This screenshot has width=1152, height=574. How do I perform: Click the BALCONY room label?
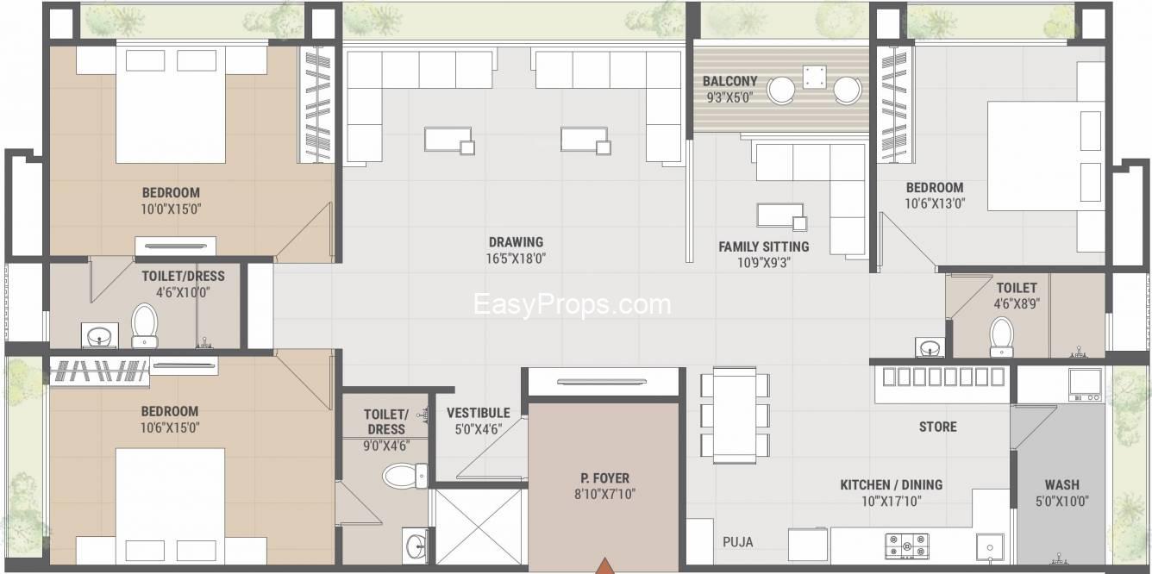(x=729, y=81)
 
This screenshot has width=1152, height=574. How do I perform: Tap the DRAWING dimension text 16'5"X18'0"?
(x=516, y=259)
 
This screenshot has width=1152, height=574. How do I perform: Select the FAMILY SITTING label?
(x=764, y=247)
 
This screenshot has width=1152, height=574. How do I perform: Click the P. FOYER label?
(x=604, y=478)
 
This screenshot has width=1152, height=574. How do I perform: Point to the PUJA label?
(x=738, y=542)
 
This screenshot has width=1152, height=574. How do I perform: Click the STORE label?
(x=938, y=427)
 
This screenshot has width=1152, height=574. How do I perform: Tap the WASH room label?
(x=1062, y=485)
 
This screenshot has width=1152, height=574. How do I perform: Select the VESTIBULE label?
(x=479, y=413)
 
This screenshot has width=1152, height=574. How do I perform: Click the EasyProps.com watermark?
(x=572, y=305)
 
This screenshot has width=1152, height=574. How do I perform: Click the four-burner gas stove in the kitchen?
(x=907, y=546)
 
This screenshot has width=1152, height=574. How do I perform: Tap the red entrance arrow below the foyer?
(x=605, y=565)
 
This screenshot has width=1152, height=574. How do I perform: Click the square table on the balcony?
(x=815, y=77)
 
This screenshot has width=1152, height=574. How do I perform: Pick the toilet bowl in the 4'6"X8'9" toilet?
(x=1001, y=337)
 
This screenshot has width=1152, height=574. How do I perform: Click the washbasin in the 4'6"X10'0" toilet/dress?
(x=100, y=336)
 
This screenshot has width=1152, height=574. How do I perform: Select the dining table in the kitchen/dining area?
(x=735, y=415)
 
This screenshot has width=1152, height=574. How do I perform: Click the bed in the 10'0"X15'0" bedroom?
(x=171, y=104)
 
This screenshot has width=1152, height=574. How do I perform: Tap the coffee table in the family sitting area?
(x=782, y=216)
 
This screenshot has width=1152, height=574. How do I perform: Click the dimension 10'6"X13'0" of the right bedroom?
(x=935, y=204)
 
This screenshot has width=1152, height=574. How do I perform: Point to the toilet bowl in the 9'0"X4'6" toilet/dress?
(x=404, y=476)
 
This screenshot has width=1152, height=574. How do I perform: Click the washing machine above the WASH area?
(x=1085, y=384)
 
